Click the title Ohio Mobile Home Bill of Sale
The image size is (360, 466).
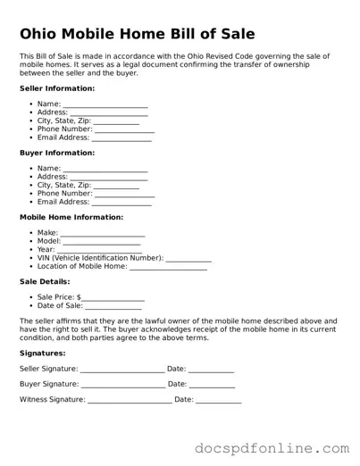[x=137, y=34]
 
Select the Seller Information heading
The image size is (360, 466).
[x=57, y=88]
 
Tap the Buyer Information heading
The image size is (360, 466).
[x=57, y=153]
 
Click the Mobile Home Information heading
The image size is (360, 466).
[x=71, y=217]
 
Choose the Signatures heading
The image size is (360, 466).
[x=43, y=353]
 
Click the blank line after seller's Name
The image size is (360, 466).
[x=105, y=105]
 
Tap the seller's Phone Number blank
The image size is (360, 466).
[x=124, y=130]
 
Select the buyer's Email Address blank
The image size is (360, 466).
[x=121, y=203]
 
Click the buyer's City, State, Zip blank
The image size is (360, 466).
[x=116, y=186]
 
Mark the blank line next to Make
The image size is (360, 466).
[x=103, y=234]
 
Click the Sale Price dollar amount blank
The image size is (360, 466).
[x=113, y=298]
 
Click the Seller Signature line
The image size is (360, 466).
[x=122, y=370]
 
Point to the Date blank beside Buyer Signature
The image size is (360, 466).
[x=213, y=385]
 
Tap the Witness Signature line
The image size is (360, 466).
[x=130, y=401]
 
